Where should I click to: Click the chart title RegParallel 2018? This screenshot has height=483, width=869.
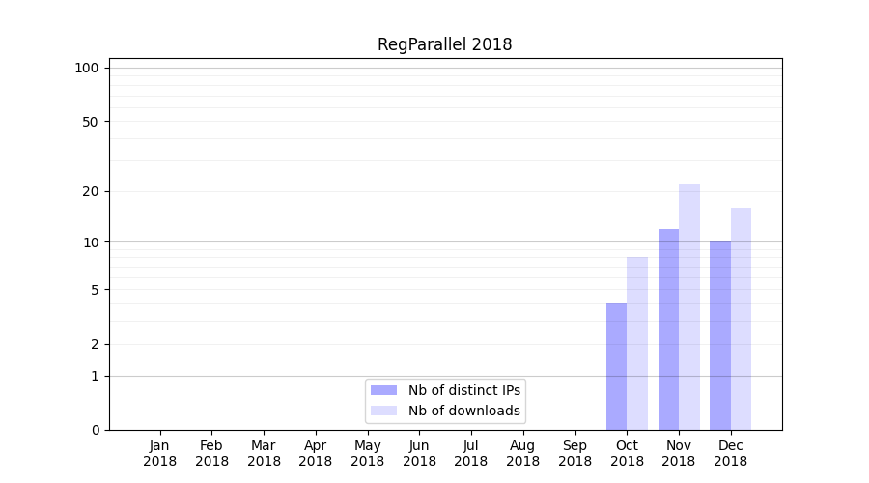click(x=444, y=44)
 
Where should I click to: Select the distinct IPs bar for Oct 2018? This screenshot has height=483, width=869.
click(x=616, y=367)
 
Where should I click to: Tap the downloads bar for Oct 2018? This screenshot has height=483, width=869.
click(x=637, y=344)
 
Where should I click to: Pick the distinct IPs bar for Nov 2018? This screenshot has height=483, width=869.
click(x=668, y=329)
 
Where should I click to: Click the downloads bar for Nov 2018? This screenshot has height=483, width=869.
click(x=689, y=307)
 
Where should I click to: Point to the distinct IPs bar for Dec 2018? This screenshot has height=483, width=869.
click(x=720, y=336)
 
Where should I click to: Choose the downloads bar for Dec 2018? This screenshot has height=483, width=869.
click(x=741, y=319)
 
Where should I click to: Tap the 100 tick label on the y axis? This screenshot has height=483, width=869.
click(x=87, y=68)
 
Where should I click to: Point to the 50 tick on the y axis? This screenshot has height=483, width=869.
click(x=91, y=122)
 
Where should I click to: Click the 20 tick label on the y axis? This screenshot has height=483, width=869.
click(x=91, y=191)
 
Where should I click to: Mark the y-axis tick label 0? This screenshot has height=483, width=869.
click(x=95, y=430)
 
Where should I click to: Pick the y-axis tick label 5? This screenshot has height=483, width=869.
click(x=95, y=290)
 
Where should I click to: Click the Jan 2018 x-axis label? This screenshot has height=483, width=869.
click(x=160, y=453)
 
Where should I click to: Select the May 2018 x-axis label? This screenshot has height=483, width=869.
click(x=367, y=453)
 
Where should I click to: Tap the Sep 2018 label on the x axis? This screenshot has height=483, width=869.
click(x=575, y=453)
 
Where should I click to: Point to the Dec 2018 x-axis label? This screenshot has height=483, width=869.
click(x=730, y=453)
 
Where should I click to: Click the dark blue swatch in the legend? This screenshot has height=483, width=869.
click(x=383, y=390)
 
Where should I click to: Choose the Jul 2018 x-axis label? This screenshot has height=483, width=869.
click(x=471, y=453)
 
